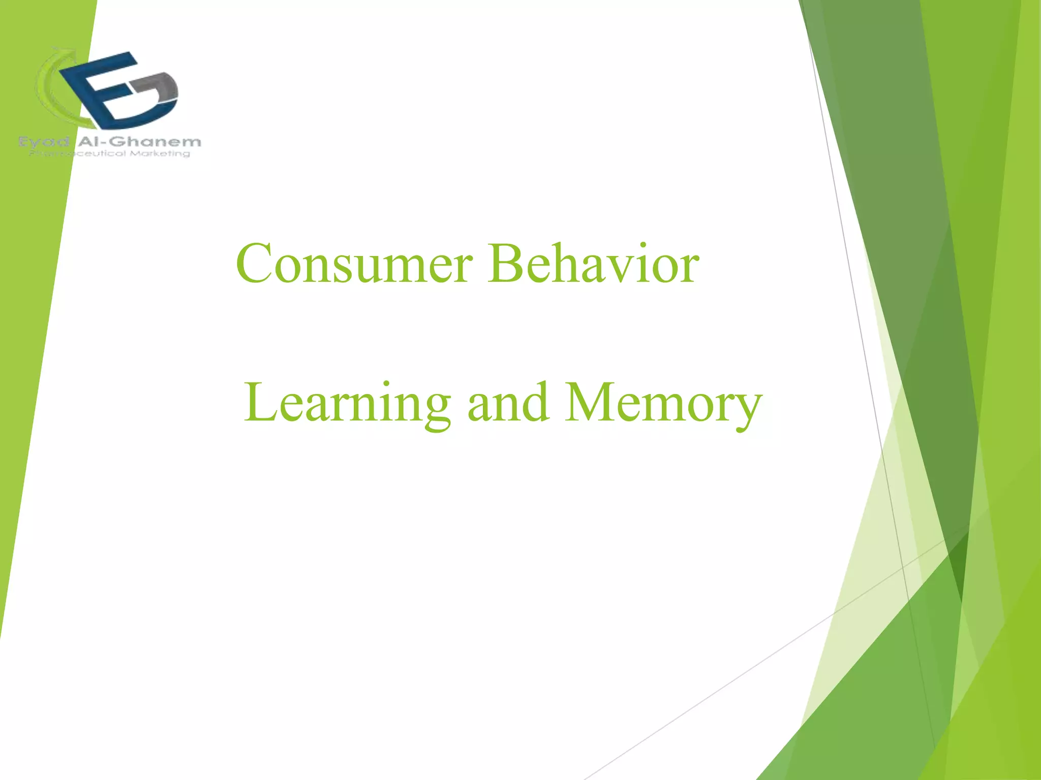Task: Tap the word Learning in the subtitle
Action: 347,404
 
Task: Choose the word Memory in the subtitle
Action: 663,404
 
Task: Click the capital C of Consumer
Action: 254,264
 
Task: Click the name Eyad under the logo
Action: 44,142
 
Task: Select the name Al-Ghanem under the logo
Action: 139,142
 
